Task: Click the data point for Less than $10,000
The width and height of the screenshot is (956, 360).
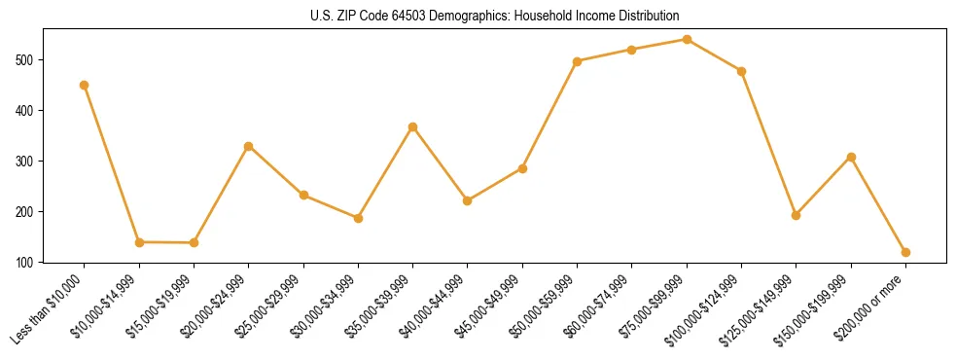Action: [x=85, y=85]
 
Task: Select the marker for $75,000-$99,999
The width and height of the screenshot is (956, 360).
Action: [x=687, y=39]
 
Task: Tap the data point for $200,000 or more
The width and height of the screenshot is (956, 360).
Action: [x=905, y=252]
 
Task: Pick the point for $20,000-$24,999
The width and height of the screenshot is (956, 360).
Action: [x=249, y=146]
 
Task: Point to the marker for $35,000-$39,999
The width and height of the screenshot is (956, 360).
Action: [x=413, y=126]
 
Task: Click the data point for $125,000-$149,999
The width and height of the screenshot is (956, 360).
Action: [x=796, y=215]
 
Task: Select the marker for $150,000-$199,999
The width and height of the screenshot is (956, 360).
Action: [x=851, y=157]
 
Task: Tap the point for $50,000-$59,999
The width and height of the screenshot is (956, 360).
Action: [x=577, y=61]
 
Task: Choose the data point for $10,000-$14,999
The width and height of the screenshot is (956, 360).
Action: [x=139, y=242]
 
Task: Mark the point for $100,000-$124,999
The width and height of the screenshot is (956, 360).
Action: [x=741, y=71]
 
